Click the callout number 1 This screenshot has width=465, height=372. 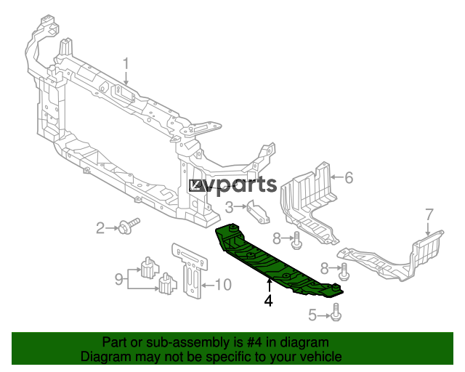pyautogui.click(x=126, y=64)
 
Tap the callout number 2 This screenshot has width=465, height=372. pyautogui.click(x=100, y=228)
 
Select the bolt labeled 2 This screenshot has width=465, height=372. pyautogui.click(x=129, y=225)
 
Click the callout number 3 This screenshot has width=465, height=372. pyautogui.click(x=230, y=207)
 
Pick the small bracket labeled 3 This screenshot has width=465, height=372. pyautogui.click(x=258, y=212)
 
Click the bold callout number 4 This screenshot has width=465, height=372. pyautogui.click(x=268, y=301)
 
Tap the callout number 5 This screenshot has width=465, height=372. pyautogui.click(x=312, y=315)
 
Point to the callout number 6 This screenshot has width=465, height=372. pyautogui.click(x=349, y=178)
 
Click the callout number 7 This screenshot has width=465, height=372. pyautogui.click(x=429, y=215)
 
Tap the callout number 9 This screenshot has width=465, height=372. pyautogui.click(x=119, y=279)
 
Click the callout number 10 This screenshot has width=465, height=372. pyautogui.click(x=223, y=285)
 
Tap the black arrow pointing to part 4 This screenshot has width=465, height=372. pyautogui.click(x=270, y=286)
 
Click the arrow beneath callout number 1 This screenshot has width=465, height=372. pyautogui.click(x=126, y=78)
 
